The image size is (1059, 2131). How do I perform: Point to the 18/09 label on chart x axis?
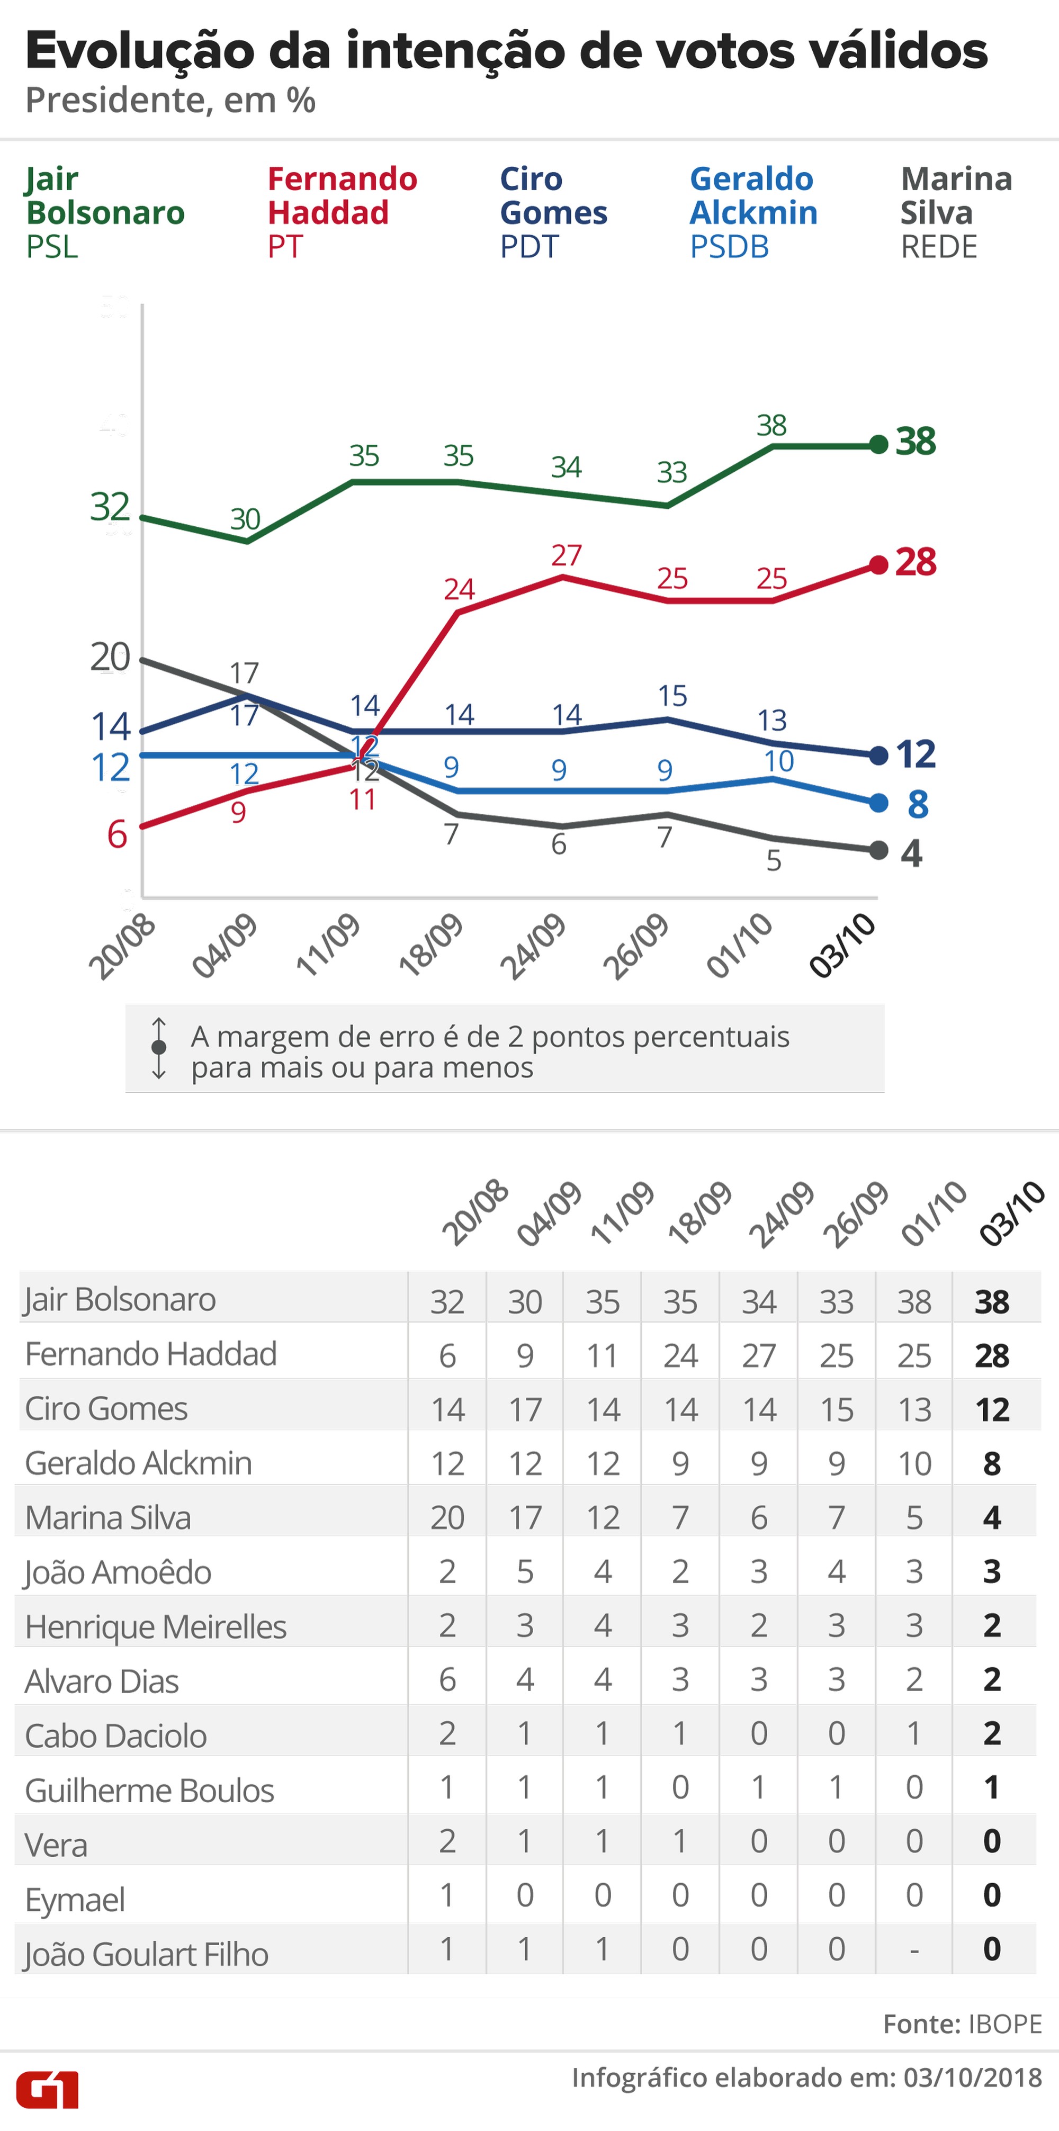(430, 946)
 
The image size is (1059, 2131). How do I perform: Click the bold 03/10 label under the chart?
(842, 946)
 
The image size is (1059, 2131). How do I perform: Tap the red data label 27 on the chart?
(567, 555)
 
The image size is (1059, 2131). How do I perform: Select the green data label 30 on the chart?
(245, 519)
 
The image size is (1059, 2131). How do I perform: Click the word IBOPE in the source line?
(1004, 2024)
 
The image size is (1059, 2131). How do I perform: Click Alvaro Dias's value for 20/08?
(447, 1680)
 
